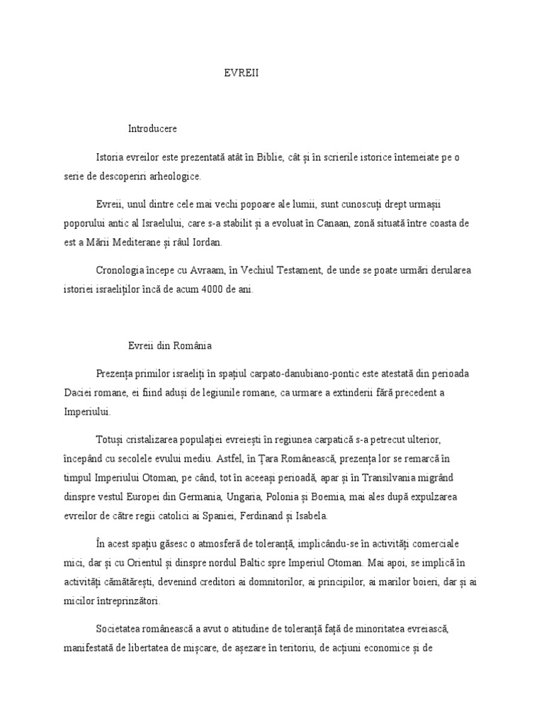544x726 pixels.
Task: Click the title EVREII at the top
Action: pyautogui.click(x=242, y=72)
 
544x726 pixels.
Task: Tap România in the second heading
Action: pyautogui.click(x=183, y=345)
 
